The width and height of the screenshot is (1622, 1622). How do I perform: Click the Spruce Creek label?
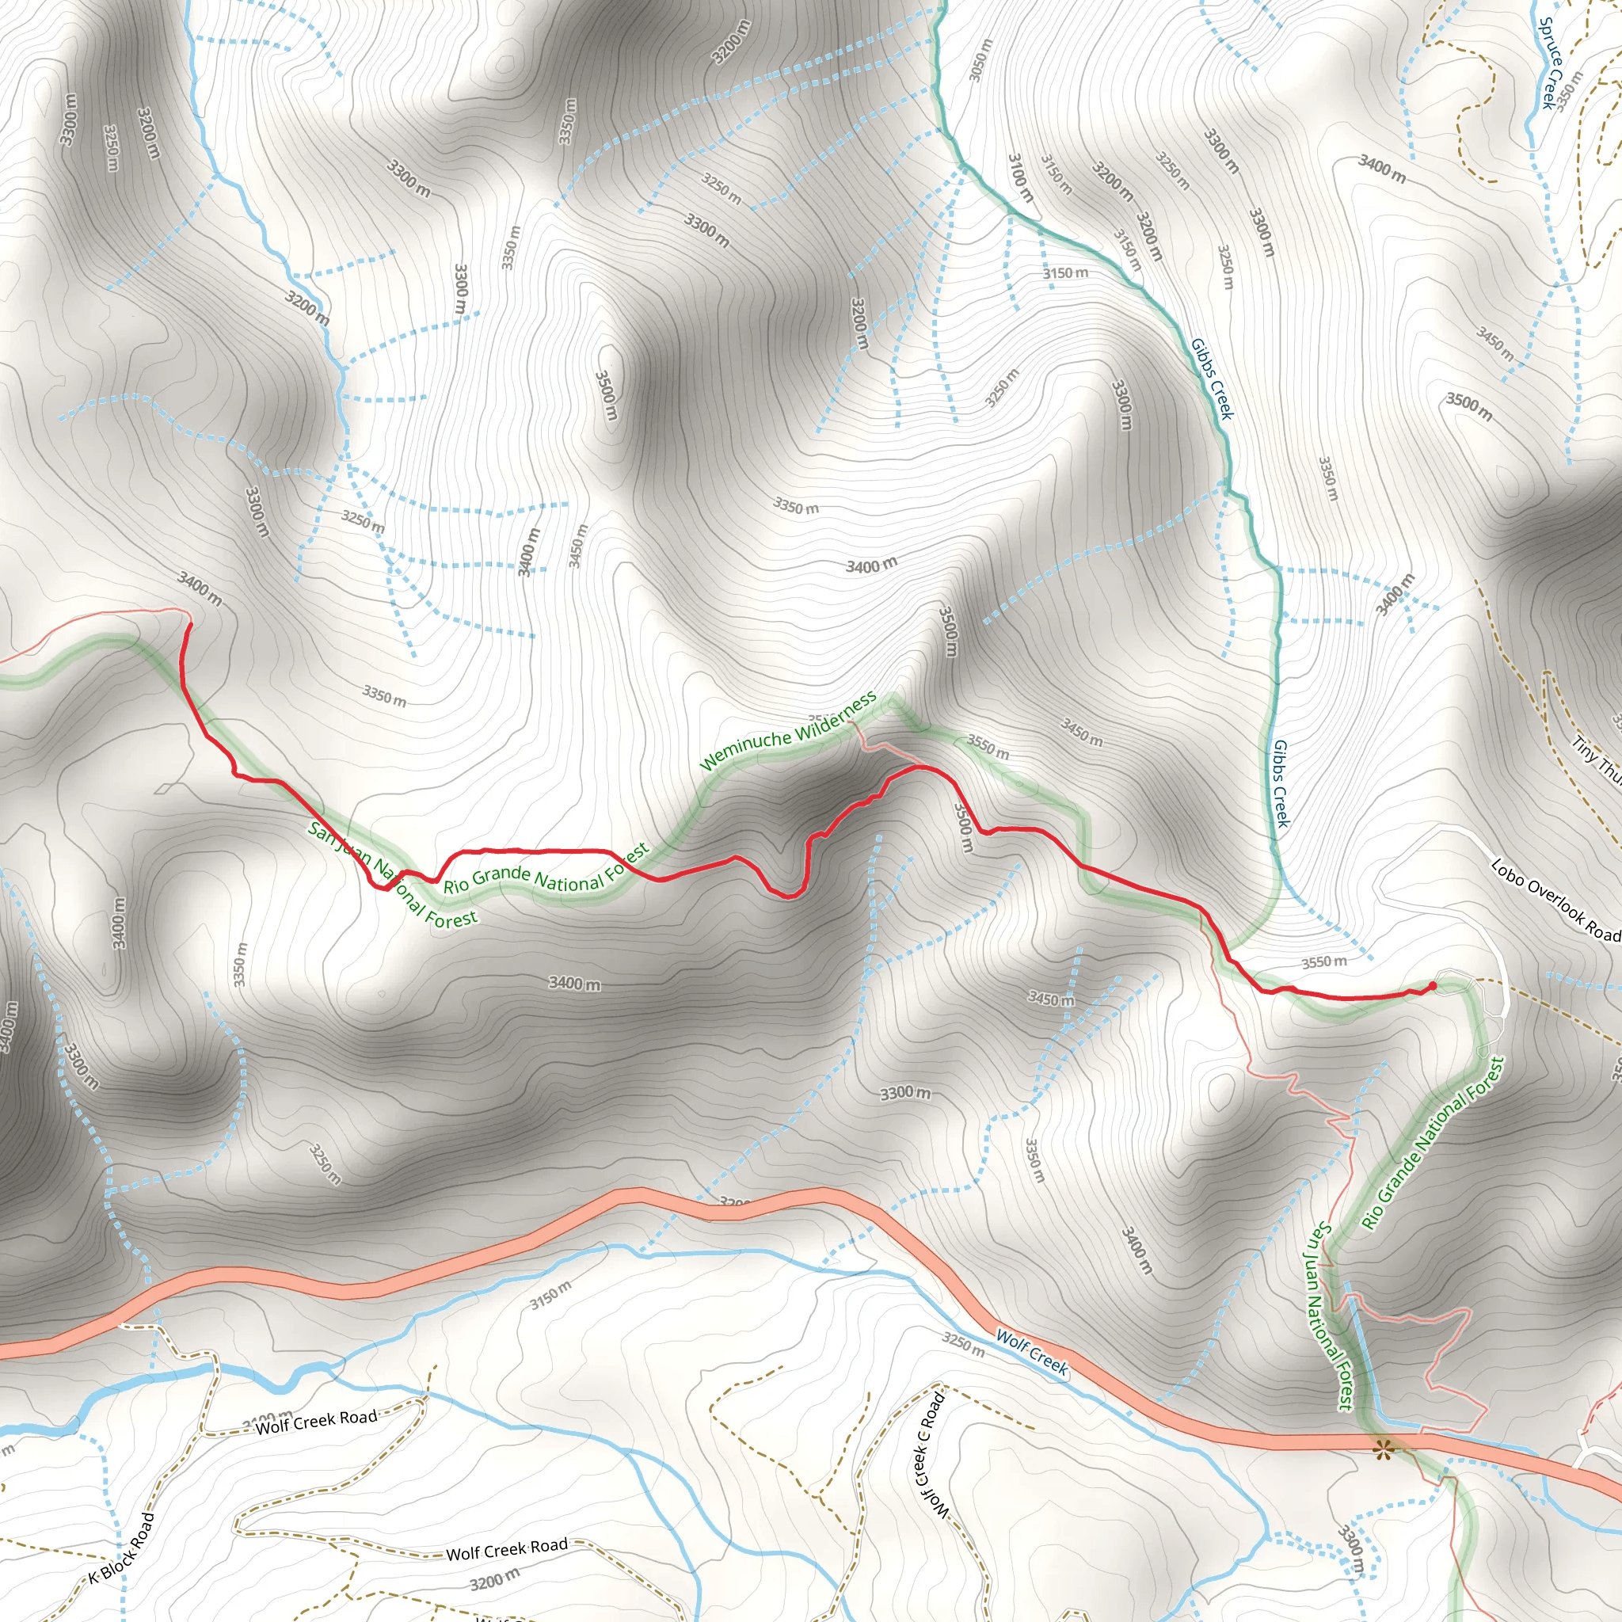tap(1551, 63)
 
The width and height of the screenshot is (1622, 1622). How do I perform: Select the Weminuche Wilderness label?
tap(788, 731)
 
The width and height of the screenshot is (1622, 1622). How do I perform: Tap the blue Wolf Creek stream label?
tap(1032, 1353)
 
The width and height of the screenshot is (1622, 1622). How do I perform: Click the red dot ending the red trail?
tap(1432, 984)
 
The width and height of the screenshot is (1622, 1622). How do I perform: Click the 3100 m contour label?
tap(1020, 177)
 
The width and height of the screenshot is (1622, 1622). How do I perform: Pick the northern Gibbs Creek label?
tap(1213, 379)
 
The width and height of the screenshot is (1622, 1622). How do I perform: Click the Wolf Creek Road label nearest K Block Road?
tap(317, 1422)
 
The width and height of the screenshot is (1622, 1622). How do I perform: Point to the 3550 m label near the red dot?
tap(1324, 962)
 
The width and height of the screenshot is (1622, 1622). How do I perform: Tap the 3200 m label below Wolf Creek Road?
tap(494, 1582)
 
